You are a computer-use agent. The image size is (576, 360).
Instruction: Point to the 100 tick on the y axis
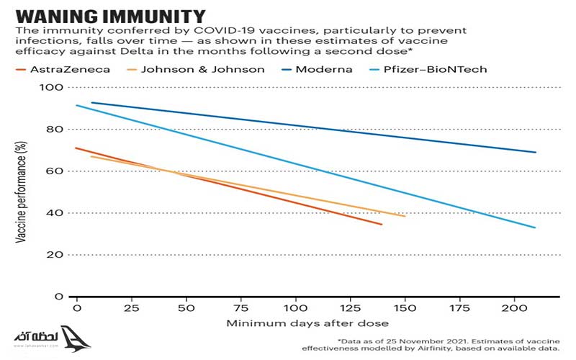54,88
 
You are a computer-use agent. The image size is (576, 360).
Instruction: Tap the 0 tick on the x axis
76,308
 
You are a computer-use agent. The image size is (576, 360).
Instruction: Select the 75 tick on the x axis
241,308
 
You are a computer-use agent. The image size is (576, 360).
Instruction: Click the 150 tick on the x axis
405,308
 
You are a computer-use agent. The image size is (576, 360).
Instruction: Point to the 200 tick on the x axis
514,308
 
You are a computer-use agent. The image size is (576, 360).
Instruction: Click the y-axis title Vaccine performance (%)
23,192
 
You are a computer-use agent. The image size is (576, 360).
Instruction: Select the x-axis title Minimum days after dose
307,323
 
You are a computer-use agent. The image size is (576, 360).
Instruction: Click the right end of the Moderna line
536,152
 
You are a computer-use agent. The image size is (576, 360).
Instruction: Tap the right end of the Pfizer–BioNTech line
535,228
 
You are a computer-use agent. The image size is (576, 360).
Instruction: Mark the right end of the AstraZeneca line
382,225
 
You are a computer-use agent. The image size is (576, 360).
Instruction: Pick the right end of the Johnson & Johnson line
405,216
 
